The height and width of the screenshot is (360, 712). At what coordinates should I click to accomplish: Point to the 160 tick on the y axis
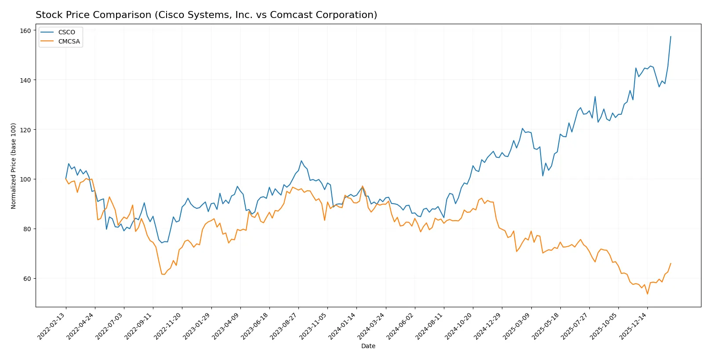click(x=25, y=31)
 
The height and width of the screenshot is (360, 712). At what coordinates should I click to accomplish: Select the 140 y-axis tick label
click(x=25, y=80)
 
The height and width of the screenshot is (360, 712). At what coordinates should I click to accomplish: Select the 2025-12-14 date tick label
click(x=633, y=326)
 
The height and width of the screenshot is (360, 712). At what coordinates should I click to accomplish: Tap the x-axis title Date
click(x=368, y=346)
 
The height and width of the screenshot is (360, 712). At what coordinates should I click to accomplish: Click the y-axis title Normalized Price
click(x=14, y=166)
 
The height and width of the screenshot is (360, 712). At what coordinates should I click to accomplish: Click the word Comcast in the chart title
click(x=288, y=15)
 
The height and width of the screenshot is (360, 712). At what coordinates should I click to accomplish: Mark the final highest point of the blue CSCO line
click(x=671, y=36)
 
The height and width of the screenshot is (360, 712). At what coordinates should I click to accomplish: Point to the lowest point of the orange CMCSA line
click(x=647, y=294)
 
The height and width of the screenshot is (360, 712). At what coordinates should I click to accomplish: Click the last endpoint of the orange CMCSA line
click(x=671, y=263)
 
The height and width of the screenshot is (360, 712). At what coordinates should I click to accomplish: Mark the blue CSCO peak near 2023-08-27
click(x=302, y=161)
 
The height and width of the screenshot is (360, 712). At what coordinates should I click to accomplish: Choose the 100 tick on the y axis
click(x=25, y=179)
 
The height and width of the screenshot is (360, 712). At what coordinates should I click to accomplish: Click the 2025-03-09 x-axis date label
click(x=517, y=326)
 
